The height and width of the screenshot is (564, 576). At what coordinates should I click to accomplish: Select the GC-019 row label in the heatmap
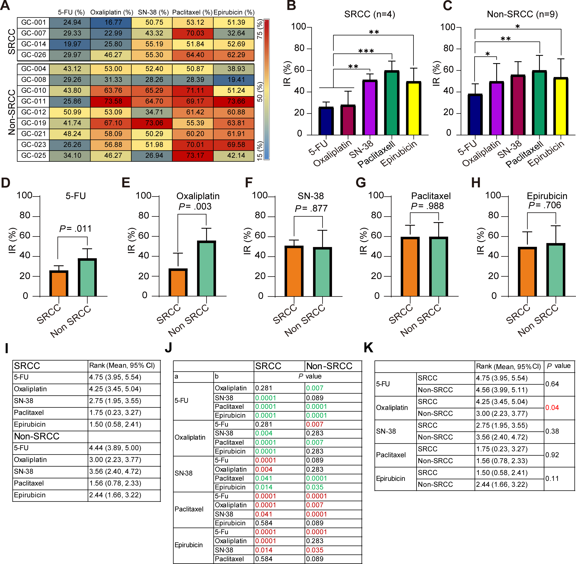pos(33,123)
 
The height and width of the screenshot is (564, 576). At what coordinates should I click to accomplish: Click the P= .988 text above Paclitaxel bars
pos(427,206)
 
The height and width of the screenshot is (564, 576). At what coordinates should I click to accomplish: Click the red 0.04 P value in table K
pos(552,408)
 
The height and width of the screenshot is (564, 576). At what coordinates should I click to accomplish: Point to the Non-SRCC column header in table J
pos(329,366)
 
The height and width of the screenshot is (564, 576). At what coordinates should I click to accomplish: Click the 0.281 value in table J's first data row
pos(264,388)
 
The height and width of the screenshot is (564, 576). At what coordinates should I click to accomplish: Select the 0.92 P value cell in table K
pos(552,455)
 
